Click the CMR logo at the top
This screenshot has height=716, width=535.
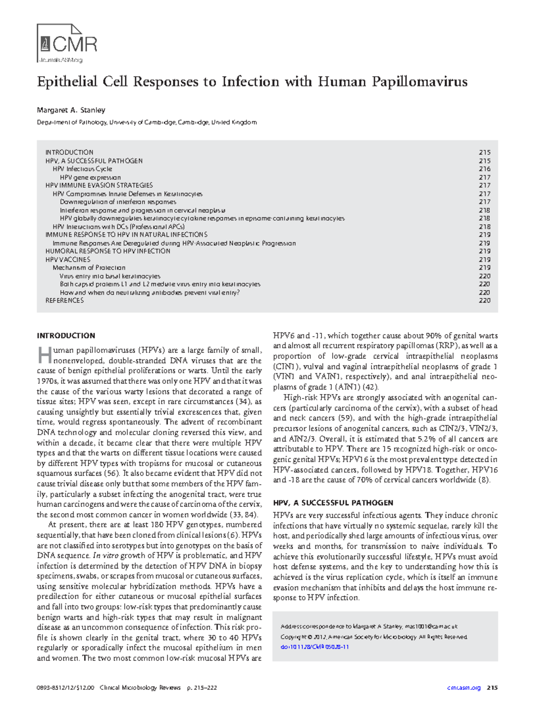(x=67, y=43)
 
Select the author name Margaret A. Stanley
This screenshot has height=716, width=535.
(x=71, y=110)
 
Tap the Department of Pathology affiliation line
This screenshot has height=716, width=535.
(x=147, y=122)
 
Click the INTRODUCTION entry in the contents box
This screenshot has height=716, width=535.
(x=69, y=152)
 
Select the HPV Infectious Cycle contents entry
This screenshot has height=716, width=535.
(x=82, y=169)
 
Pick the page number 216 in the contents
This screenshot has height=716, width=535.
(x=485, y=169)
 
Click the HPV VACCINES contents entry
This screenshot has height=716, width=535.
(x=68, y=259)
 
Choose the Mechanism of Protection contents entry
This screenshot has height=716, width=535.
(x=89, y=267)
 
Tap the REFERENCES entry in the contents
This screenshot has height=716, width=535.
(x=65, y=300)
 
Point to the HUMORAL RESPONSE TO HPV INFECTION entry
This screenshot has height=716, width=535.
(x=108, y=251)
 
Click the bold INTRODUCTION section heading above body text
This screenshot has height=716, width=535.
(x=66, y=336)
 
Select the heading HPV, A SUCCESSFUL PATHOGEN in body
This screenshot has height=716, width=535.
(x=333, y=503)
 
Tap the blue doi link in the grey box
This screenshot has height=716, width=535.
(x=314, y=647)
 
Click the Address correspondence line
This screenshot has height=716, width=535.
(x=369, y=626)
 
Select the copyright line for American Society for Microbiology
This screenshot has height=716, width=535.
(x=374, y=637)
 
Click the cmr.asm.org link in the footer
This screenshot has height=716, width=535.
(x=464, y=688)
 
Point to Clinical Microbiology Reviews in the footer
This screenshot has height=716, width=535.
(x=140, y=688)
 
